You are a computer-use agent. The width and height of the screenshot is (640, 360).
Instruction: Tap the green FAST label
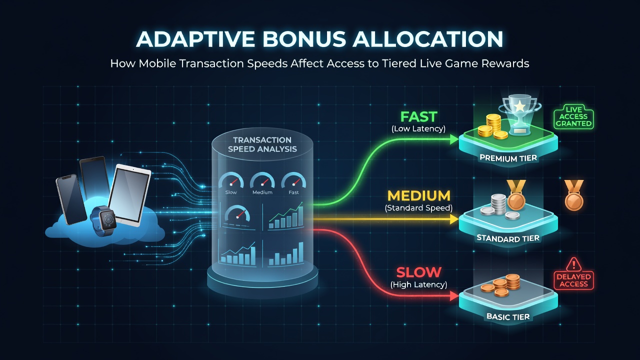419,116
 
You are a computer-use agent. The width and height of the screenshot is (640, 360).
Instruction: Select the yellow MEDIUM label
419,195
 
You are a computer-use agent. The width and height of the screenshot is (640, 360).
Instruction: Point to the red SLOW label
419,272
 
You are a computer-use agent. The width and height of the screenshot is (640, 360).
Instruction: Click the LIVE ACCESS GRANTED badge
573,116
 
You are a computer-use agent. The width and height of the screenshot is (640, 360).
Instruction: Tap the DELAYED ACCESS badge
573,280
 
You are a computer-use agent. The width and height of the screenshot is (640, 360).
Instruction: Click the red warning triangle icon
573,264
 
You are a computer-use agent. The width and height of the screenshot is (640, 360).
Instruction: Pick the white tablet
129,195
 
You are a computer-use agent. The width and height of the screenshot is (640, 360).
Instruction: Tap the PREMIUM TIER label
508,158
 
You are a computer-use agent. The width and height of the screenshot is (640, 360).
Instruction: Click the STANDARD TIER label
508,238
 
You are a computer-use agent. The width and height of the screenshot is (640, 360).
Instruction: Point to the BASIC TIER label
508,316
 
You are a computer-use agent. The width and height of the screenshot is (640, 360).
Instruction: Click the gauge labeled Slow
231,179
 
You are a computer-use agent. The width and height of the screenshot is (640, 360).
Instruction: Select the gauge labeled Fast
293,179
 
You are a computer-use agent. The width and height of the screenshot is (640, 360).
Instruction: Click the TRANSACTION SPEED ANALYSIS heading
262,144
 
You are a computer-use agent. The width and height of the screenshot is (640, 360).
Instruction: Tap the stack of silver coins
498,204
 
